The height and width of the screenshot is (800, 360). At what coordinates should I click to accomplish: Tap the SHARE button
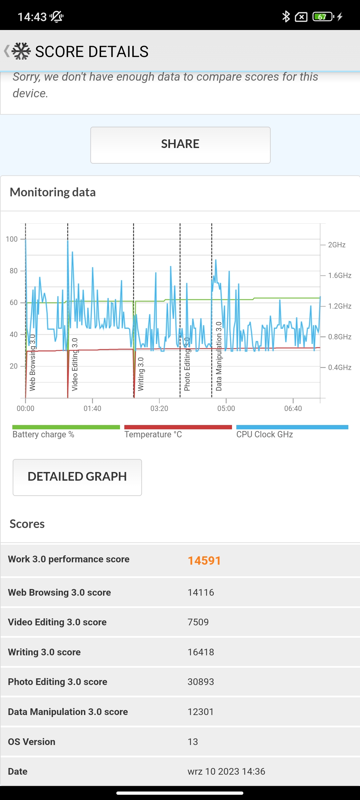point(180,145)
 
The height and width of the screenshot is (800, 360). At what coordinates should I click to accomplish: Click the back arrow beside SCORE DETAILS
point(6,51)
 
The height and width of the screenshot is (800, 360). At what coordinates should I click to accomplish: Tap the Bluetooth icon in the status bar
point(286,16)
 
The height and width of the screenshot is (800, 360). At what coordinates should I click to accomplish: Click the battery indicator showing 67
point(323,16)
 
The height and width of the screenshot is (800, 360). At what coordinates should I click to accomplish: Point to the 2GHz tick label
point(337,245)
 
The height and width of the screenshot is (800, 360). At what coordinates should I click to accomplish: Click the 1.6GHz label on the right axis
point(340,275)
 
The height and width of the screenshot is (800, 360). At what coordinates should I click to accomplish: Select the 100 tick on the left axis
point(12,239)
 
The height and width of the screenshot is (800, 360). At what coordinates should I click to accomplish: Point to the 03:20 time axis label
point(159,408)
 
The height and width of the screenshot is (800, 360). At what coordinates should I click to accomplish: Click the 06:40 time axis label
point(293,408)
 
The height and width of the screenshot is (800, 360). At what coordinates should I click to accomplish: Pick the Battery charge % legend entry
point(43,434)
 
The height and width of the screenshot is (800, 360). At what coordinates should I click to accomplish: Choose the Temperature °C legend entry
point(153,434)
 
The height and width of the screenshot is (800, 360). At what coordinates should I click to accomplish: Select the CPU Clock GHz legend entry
point(265,434)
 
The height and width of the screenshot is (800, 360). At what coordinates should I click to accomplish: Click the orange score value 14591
point(204,561)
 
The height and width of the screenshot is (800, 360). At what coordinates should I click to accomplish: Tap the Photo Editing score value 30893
point(201,682)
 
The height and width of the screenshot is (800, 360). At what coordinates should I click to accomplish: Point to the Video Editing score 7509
point(198,622)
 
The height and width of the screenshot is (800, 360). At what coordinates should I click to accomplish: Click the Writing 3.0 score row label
point(44,652)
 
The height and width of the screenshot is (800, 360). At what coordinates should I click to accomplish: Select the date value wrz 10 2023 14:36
point(226,771)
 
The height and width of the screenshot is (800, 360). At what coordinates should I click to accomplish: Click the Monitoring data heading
point(53,192)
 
